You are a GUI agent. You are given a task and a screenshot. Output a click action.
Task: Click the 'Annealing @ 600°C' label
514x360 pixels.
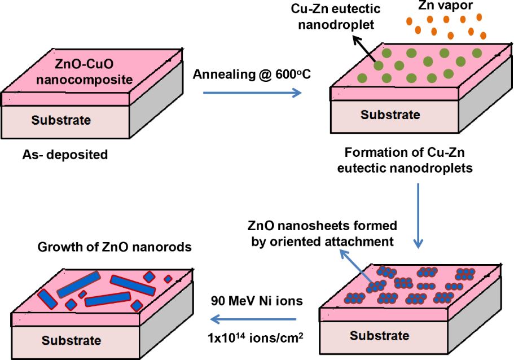coord(252,74)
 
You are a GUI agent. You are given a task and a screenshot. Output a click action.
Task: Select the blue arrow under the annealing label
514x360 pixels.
coord(252,93)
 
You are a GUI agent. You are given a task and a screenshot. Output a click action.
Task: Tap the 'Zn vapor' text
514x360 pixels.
coord(446,6)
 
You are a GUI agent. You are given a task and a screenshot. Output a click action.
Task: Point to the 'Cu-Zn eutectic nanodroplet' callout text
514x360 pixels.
coord(336,16)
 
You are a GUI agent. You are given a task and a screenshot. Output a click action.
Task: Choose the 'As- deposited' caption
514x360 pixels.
coord(65,155)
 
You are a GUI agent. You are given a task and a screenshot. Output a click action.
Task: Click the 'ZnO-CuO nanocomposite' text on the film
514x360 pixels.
coord(84,72)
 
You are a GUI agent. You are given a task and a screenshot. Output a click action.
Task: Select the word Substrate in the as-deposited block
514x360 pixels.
coord(61,120)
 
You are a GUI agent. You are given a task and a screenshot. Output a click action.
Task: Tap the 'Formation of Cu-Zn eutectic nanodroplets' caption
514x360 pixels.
coord(405,160)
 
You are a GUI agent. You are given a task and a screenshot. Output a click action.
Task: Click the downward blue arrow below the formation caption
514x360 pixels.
coord(418,216)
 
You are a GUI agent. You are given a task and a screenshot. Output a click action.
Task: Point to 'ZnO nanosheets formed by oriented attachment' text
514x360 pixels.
coord(323,234)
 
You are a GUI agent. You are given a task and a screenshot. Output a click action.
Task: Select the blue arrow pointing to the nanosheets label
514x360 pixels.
coord(356,266)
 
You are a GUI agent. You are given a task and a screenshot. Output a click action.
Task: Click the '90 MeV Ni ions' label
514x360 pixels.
coord(257,301)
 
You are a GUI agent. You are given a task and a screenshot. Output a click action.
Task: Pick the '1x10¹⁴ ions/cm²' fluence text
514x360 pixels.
coord(256,337)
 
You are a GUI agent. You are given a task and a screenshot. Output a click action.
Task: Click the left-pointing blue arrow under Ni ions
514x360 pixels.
coord(253,319)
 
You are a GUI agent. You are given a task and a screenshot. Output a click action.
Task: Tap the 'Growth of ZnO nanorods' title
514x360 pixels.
coord(115,247)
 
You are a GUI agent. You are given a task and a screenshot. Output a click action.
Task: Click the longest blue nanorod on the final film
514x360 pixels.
coord(133,286)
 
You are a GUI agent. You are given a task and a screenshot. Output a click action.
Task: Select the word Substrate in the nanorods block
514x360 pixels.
coord(71,340)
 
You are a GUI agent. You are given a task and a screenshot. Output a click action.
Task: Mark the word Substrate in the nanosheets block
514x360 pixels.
coord(379,335)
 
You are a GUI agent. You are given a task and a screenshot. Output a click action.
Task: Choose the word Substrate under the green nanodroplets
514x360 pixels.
coord(390,115)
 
